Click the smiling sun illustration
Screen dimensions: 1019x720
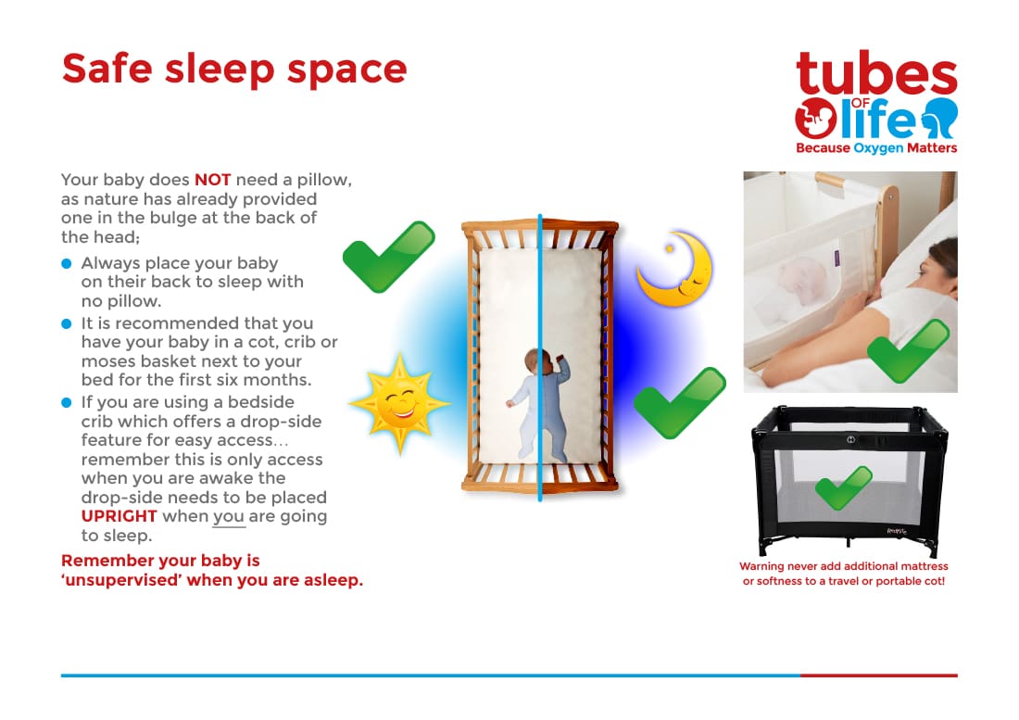(399, 403)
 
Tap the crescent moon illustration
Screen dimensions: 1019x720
(676, 269)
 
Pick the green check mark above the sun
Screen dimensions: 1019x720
(389, 257)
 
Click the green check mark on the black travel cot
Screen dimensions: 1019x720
(843, 488)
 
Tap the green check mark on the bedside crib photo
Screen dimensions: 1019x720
(908, 351)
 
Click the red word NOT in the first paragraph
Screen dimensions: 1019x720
(212, 180)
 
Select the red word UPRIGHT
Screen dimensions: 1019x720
(119, 516)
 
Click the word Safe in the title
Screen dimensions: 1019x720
(107, 69)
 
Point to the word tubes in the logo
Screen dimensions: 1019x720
(876, 73)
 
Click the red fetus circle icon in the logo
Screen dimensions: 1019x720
(815, 119)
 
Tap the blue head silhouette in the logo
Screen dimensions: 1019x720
(940, 117)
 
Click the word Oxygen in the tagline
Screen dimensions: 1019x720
(878, 148)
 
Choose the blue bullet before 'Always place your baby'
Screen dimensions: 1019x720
(67, 263)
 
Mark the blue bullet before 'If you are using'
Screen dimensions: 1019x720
(67, 402)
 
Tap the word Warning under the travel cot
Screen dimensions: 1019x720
(761, 566)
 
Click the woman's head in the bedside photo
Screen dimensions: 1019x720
(936, 267)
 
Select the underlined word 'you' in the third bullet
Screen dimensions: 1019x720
(229, 517)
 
